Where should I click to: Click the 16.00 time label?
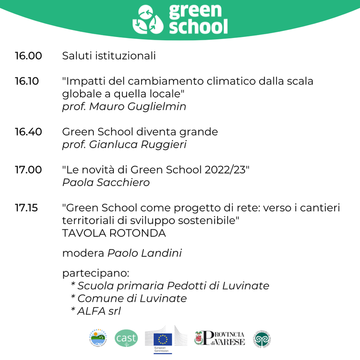pyautogui.click(x=28, y=56)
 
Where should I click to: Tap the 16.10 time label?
pyautogui.click(x=27, y=81)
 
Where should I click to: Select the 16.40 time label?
pyautogui.click(x=28, y=132)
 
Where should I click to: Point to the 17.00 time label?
pyautogui.click(x=28, y=170)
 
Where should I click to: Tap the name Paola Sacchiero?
pyautogui.click(x=106, y=182)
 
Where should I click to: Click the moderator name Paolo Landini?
pyautogui.click(x=144, y=254)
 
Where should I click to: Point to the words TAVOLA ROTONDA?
pyautogui.click(x=114, y=233)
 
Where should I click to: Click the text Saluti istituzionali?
pyautogui.click(x=109, y=56)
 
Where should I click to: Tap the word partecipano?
pyautogui.click(x=95, y=273)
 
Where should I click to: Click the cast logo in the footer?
pyautogui.click(x=126, y=338)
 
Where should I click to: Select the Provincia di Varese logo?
pyautogui.click(x=219, y=338)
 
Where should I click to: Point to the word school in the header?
pyautogui.click(x=198, y=27)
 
